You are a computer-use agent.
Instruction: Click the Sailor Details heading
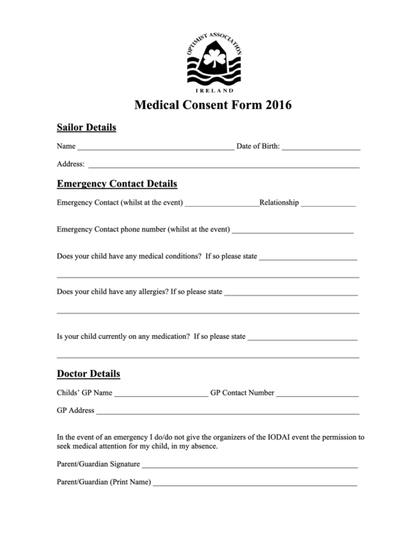click(87, 128)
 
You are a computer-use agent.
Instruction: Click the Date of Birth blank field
click(321, 149)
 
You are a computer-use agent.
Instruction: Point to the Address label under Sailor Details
click(70, 164)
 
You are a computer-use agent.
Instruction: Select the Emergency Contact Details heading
click(117, 184)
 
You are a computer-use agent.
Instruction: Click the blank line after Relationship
click(329, 204)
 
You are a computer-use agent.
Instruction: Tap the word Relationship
click(279, 202)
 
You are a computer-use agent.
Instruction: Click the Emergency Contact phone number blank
click(293, 231)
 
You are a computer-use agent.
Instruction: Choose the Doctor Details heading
click(88, 373)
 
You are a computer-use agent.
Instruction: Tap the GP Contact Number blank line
click(318, 394)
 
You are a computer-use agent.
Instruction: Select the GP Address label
click(75, 410)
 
